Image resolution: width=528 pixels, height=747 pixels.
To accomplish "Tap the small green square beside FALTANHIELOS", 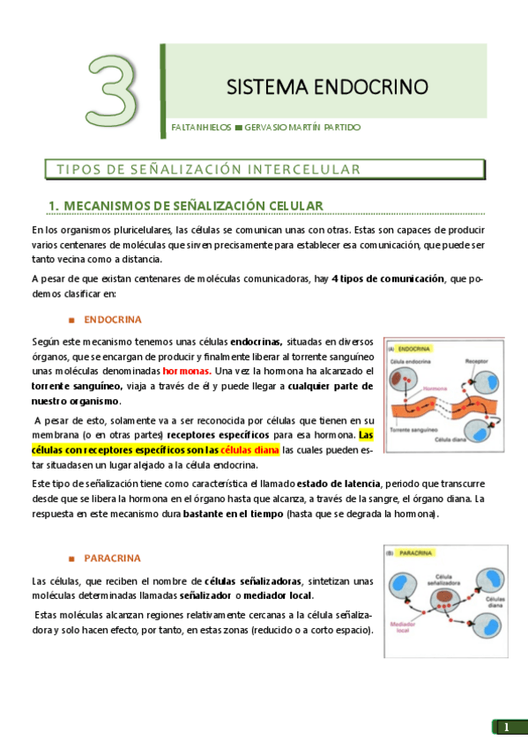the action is (x=238, y=128).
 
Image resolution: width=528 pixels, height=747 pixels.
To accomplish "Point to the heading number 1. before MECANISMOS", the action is (x=54, y=205).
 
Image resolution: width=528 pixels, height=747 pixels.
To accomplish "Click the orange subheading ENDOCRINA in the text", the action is (x=113, y=319).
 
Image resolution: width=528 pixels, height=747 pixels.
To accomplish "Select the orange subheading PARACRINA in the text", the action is (x=112, y=558).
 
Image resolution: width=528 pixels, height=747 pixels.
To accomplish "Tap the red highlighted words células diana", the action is (x=250, y=449).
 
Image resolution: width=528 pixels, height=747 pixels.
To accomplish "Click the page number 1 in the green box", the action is (x=506, y=727).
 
